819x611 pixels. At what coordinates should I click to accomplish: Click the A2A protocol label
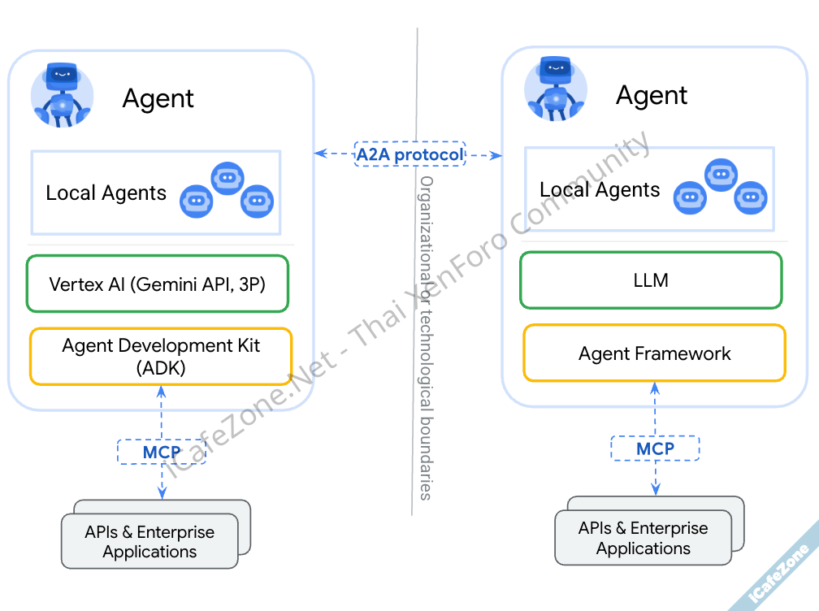pyautogui.click(x=410, y=154)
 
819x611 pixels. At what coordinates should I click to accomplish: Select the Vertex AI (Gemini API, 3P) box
pyautogui.click(x=158, y=284)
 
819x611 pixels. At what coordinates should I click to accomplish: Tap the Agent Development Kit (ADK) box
pyautogui.click(x=161, y=356)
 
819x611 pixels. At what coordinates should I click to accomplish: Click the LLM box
pyautogui.click(x=651, y=280)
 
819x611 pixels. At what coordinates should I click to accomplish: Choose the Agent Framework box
pyautogui.click(x=654, y=353)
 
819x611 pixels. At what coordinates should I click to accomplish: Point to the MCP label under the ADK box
pyautogui.click(x=162, y=452)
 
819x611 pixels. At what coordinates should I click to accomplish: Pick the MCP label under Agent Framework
pyautogui.click(x=655, y=448)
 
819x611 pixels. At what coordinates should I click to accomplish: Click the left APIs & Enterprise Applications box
pyautogui.click(x=149, y=542)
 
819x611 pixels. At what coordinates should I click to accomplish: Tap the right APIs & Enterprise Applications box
pyautogui.click(x=643, y=538)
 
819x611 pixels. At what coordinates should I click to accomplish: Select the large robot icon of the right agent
pyautogui.click(x=556, y=89)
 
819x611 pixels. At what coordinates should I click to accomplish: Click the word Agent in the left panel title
pyautogui.click(x=158, y=98)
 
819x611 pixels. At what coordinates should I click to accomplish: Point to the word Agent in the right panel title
pyautogui.click(x=652, y=95)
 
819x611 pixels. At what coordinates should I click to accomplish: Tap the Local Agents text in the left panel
pyautogui.click(x=106, y=193)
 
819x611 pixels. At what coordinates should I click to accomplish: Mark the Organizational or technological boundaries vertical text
pyautogui.click(x=426, y=337)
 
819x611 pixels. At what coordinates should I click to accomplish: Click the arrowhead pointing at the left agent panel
pyautogui.click(x=319, y=153)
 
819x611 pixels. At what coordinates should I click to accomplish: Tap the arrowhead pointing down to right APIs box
pyautogui.click(x=655, y=490)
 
